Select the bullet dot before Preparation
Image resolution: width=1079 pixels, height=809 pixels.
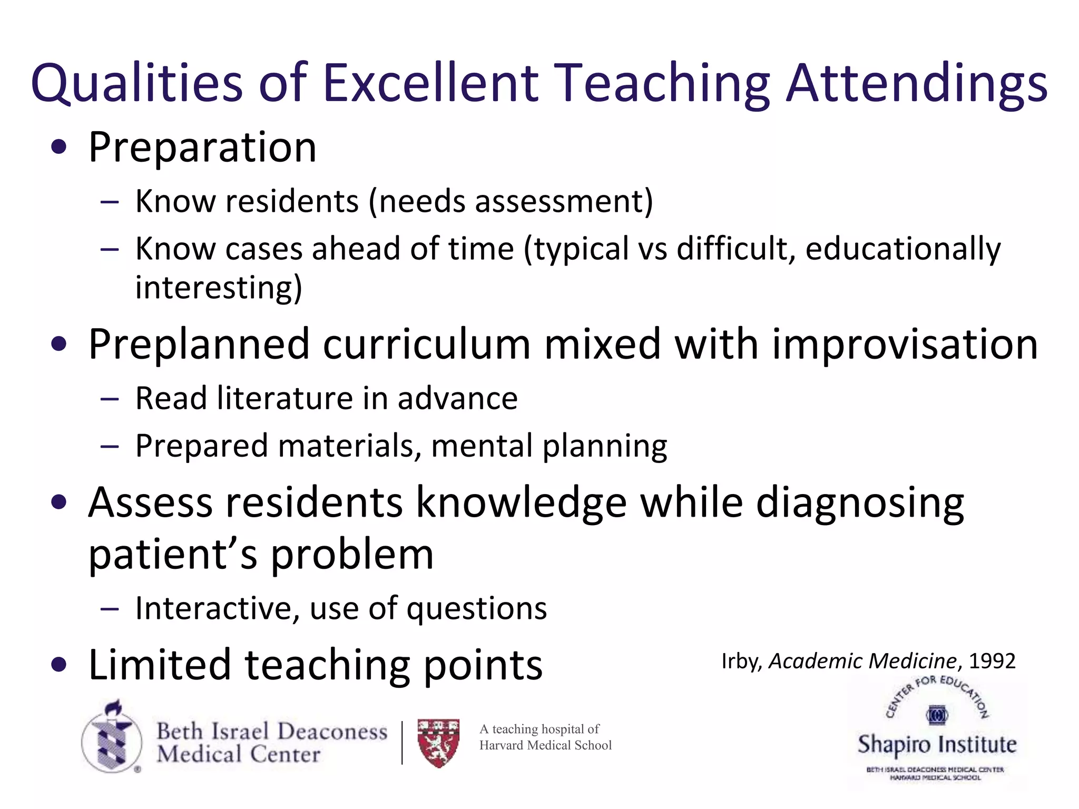pos(59,147)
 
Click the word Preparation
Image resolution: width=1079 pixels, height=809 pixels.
pos(202,147)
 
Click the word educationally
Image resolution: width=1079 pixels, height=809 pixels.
pos(903,249)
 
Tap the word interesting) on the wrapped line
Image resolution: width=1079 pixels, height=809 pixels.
pos(219,288)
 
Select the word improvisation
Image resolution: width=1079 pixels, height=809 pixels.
pos(905,345)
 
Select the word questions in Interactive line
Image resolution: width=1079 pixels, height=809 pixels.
pos(477,609)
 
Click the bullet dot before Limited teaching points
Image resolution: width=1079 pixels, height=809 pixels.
pos(59,665)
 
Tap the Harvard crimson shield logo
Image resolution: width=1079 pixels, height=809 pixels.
pos(438,743)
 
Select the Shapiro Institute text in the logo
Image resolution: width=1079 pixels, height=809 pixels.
pos(937,745)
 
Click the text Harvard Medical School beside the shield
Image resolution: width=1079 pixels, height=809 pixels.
pos(545,745)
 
